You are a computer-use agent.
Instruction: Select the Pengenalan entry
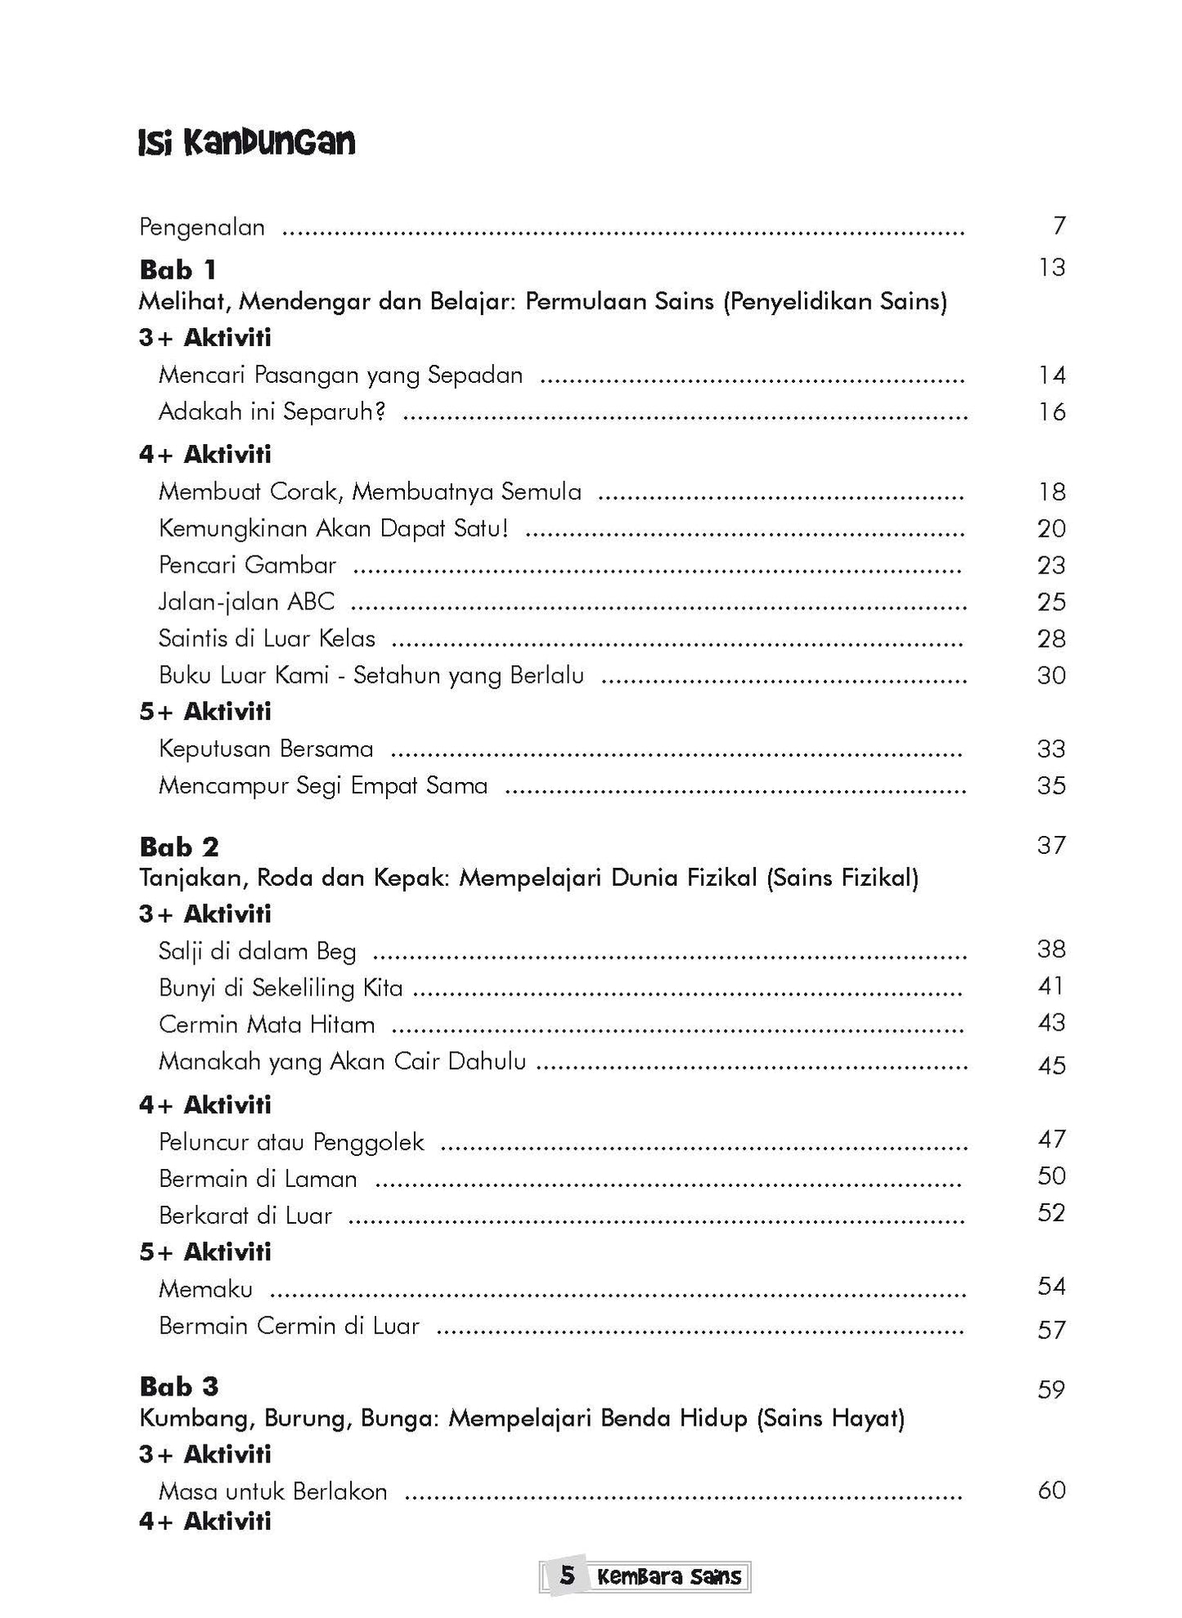(x=202, y=227)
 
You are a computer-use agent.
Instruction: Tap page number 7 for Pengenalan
(x=1059, y=226)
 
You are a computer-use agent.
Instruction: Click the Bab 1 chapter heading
(x=178, y=269)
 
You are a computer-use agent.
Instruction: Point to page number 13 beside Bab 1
(x=1052, y=267)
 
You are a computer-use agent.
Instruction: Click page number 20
(x=1051, y=528)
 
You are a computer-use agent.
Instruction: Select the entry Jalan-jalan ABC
(x=246, y=602)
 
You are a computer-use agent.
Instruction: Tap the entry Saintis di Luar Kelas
(x=267, y=639)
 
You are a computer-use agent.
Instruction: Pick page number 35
(x=1051, y=785)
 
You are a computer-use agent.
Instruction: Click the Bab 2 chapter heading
(x=179, y=846)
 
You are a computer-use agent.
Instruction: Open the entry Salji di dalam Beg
(x=257, y=951)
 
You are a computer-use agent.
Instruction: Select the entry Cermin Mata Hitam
(x=267, y=1024)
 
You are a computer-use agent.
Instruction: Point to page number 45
(x=1051, y=1065)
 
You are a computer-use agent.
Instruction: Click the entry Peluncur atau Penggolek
(x=291, y=1142)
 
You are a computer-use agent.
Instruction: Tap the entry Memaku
(x=205, y=1289)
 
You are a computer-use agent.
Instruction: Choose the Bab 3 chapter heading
(x=179, y=1387)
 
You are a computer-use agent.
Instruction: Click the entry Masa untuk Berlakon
(x=272, y=1491)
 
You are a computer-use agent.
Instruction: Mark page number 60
(x=1051, y=1490)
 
